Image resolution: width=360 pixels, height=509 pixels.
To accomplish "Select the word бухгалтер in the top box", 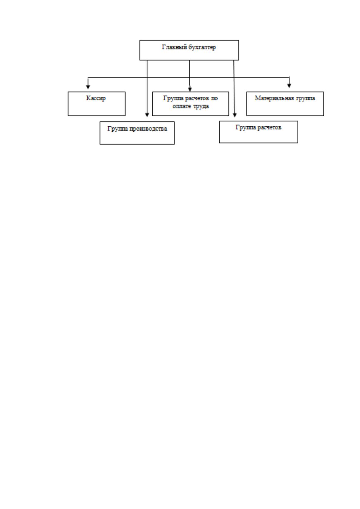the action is pyautogui.click(x=202, y=47).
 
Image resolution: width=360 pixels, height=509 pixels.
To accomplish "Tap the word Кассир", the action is pyautogui.click(x=96, y=98).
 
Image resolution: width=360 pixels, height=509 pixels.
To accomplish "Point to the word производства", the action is pyautogui.click(x=148, y=129).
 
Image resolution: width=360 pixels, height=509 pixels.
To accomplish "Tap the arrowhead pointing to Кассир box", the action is pyautogui.click(x=88, y=86).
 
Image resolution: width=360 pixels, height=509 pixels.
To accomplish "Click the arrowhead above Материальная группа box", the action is pyautogui.click(x=289, y=86).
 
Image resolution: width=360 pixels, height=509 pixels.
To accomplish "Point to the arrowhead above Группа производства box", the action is pyautogui.click(x=147, y=115).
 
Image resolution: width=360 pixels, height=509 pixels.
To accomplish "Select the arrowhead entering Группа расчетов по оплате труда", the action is pyautogui.click(x=190, y=89).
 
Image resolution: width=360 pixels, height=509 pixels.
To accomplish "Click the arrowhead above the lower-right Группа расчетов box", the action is pyautogui.click(x=235, y=115).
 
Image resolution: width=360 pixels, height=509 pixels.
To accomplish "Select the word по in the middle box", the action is pyautogui.click(x=214, y=98).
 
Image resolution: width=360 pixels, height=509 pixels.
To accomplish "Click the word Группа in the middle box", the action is pyautogui.click(x=173, y=98).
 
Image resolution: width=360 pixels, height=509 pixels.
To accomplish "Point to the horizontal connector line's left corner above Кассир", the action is pyautogui.click(x=88, y=77).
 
